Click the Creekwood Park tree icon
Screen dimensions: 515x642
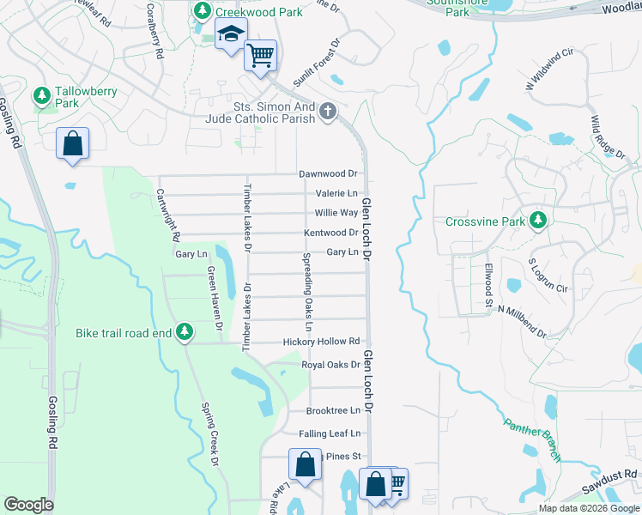tap(203, 11)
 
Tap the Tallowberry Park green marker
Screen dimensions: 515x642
tap(40, 94)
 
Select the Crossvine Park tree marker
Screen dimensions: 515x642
tap(538, 221)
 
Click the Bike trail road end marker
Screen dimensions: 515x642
tap(185, 331)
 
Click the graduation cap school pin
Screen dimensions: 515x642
tap(230, 35)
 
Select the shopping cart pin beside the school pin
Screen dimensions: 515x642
tap(260, 56)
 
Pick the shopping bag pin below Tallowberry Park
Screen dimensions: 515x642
tap(73, 144)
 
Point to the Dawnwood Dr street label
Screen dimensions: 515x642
tap(327, 174)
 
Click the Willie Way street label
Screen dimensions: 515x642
tap(336, 213)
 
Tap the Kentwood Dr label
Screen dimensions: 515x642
tap(330, 233)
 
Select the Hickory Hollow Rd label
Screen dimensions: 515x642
tap(321, 342)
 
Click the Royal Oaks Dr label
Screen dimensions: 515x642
tap(330, 365)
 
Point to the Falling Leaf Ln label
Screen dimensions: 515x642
tap(330, 434)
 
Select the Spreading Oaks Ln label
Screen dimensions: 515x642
tap(306, 292)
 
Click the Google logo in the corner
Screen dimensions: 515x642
tap(28, 505)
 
